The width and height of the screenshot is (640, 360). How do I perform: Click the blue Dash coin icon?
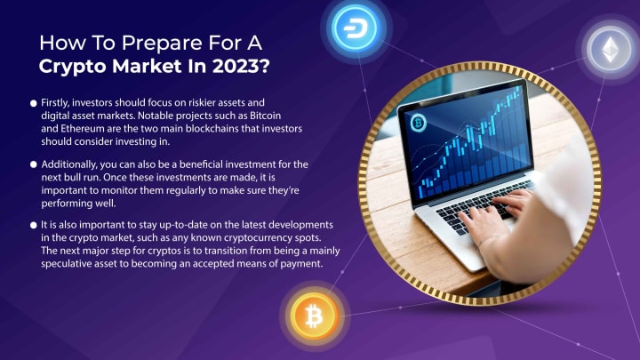pos(355,28)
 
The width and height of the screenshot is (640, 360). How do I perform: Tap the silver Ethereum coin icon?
pos(610,50)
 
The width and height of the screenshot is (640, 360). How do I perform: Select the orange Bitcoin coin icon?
pos(314,316)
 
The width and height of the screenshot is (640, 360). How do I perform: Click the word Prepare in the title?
pos(162,44)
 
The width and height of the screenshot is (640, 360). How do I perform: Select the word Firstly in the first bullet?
pos(55,103)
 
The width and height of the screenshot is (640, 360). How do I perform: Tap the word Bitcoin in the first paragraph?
pos(265,116)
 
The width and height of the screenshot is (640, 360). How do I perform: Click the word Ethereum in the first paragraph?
pos(83,129)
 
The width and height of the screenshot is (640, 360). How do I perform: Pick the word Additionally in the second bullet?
pos(69,165)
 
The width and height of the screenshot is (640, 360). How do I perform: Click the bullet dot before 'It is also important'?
pos(34,225)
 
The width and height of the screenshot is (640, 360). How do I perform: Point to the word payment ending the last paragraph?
pos(301,264)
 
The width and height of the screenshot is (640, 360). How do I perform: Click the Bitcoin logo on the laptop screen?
pos(418,123)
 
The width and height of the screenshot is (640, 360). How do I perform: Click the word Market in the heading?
pos(147,66)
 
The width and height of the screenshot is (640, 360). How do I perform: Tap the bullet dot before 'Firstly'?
pos(34,103)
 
